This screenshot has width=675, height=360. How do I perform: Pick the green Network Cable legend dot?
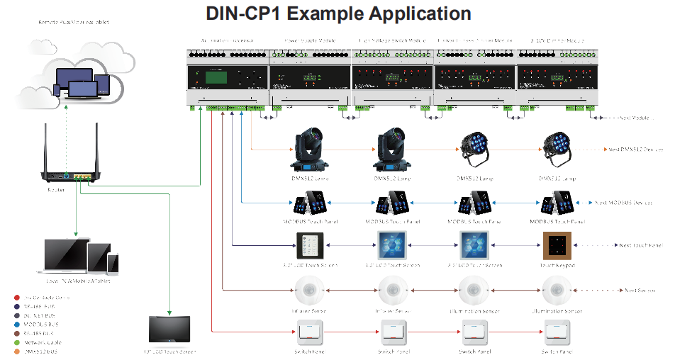click(16, 342)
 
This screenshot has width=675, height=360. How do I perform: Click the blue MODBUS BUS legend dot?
click(16, 324)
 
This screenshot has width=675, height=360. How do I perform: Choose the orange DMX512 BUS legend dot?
click(16, 351)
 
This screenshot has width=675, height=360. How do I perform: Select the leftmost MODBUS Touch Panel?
click(310, 205)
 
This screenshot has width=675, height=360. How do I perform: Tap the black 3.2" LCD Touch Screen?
click(310, 246)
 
